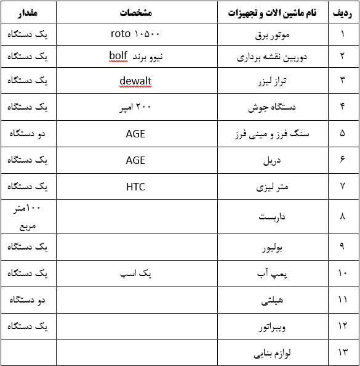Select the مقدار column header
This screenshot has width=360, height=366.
click(x=28, y=12)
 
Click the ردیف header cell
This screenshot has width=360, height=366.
click(x=343, y=12)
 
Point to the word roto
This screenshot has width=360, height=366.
click(x=119, y=35)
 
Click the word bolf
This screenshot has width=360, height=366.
click(x=118, y=57)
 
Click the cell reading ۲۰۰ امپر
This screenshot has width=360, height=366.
click(x=135, y=107)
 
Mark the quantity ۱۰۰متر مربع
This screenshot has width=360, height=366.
click(x=28, y=216)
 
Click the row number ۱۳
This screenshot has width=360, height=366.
click(x=343, y=353)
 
